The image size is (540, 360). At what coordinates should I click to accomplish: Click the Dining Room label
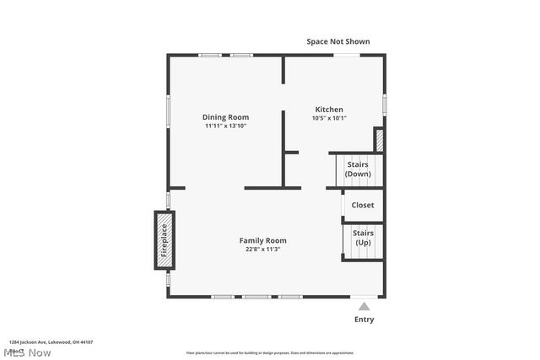(225, 117)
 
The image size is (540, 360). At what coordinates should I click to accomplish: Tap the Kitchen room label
(329, 110)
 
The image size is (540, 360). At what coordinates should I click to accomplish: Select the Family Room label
(262, 240)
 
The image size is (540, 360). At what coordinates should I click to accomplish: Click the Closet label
(363, 205)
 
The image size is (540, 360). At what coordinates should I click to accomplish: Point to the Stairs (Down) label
(358, 169)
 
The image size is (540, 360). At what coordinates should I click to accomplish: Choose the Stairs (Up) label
(363, 237)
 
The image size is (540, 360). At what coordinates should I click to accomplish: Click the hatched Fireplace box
(165, 240)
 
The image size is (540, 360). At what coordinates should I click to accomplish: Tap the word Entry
(364, 320)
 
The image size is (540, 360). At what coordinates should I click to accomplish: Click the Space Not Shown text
(337, 41)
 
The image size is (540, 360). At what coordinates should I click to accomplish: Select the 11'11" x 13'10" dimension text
(225, 126)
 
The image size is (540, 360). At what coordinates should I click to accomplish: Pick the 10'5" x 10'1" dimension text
(329, 118)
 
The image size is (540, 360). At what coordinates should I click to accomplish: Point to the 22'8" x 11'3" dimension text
(262, 250)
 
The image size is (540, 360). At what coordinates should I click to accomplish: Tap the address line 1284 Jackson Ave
(51, 342)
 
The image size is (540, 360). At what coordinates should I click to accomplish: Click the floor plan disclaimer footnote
(270, 353)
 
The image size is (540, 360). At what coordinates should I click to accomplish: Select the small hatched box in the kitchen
(379, 140)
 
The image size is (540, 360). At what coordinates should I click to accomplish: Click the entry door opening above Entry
(364, 297)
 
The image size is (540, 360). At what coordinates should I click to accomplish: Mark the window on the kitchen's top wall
(345, 56)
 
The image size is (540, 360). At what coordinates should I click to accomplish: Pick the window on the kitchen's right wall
(385, 103)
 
